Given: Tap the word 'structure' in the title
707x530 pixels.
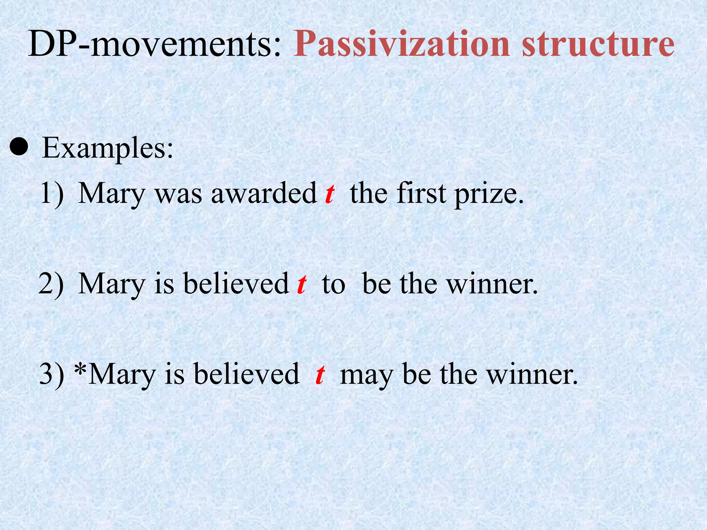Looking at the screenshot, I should click(598, 44).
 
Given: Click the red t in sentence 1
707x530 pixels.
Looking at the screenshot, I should click(330, 194).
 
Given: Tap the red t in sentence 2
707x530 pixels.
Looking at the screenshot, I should click(302, 284).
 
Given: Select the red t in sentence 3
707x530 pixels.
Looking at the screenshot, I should click(320, 374).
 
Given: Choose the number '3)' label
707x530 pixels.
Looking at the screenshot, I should click(52, 375).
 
